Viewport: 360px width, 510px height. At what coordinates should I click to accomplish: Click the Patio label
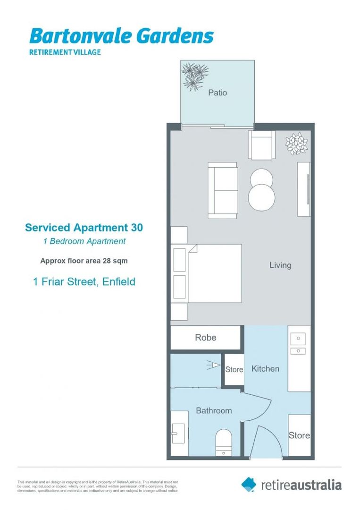click(218, 93)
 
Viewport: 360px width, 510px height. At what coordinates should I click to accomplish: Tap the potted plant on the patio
click(195, 76)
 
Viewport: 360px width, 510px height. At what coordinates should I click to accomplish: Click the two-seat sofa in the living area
click(223, 190)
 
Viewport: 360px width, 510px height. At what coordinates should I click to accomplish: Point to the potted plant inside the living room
click(297, 143)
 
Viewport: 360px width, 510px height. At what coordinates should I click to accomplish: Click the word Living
click(280, 265)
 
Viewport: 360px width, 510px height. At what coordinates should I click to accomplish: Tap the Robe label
click(206, 337)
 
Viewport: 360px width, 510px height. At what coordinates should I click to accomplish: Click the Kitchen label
click(265, 368)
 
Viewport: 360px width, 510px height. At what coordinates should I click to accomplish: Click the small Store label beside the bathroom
click(234, 369)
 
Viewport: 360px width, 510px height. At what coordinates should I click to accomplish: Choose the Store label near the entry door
click(299, 435)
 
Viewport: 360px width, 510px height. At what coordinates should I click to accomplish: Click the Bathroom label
click(214, 410)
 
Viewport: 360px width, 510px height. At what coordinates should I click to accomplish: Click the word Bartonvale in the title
click(75, 37)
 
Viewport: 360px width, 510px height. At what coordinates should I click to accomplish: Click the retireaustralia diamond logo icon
click(249, 484)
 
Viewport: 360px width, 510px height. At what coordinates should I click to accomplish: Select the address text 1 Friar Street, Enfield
click(84, 282)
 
